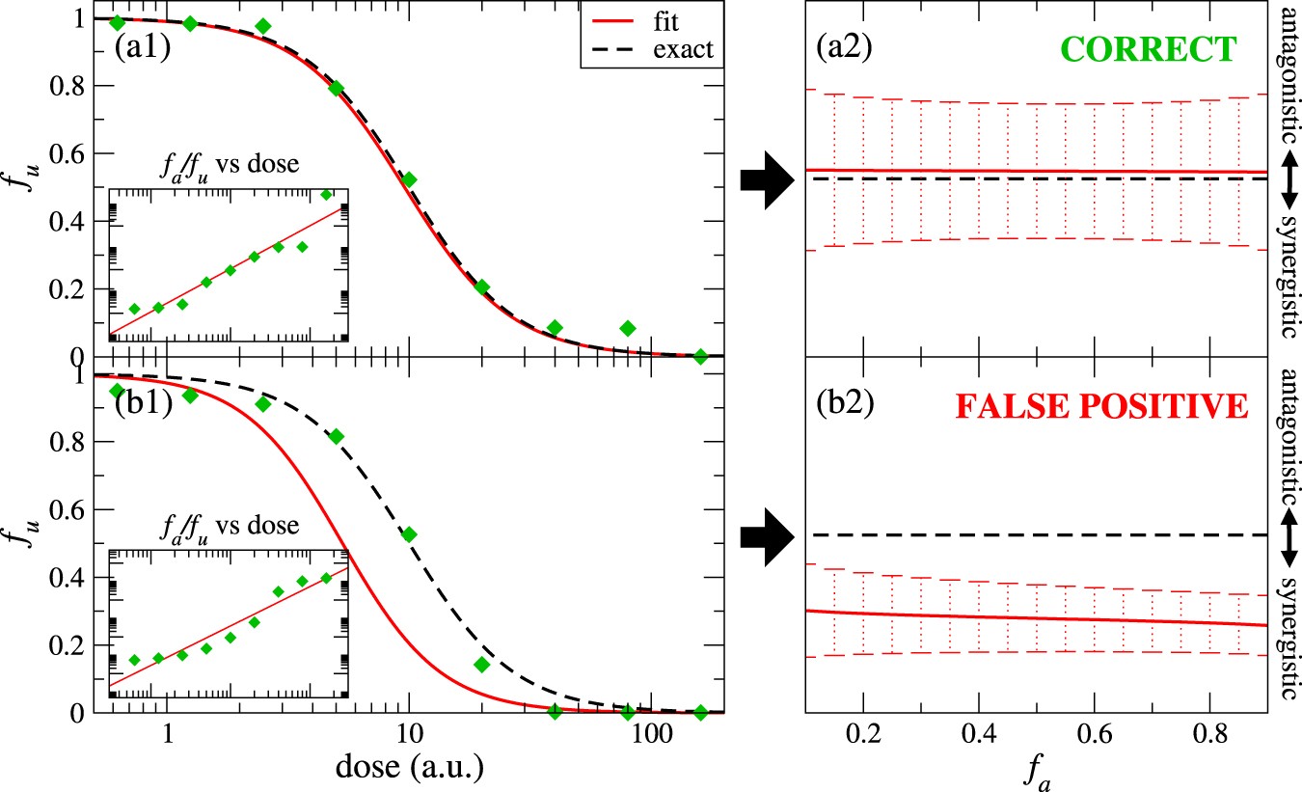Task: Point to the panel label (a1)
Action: click(x=143, y=48)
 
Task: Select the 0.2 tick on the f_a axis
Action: click(x=863, y=735)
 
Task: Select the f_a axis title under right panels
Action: click(x=1038, y=771)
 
